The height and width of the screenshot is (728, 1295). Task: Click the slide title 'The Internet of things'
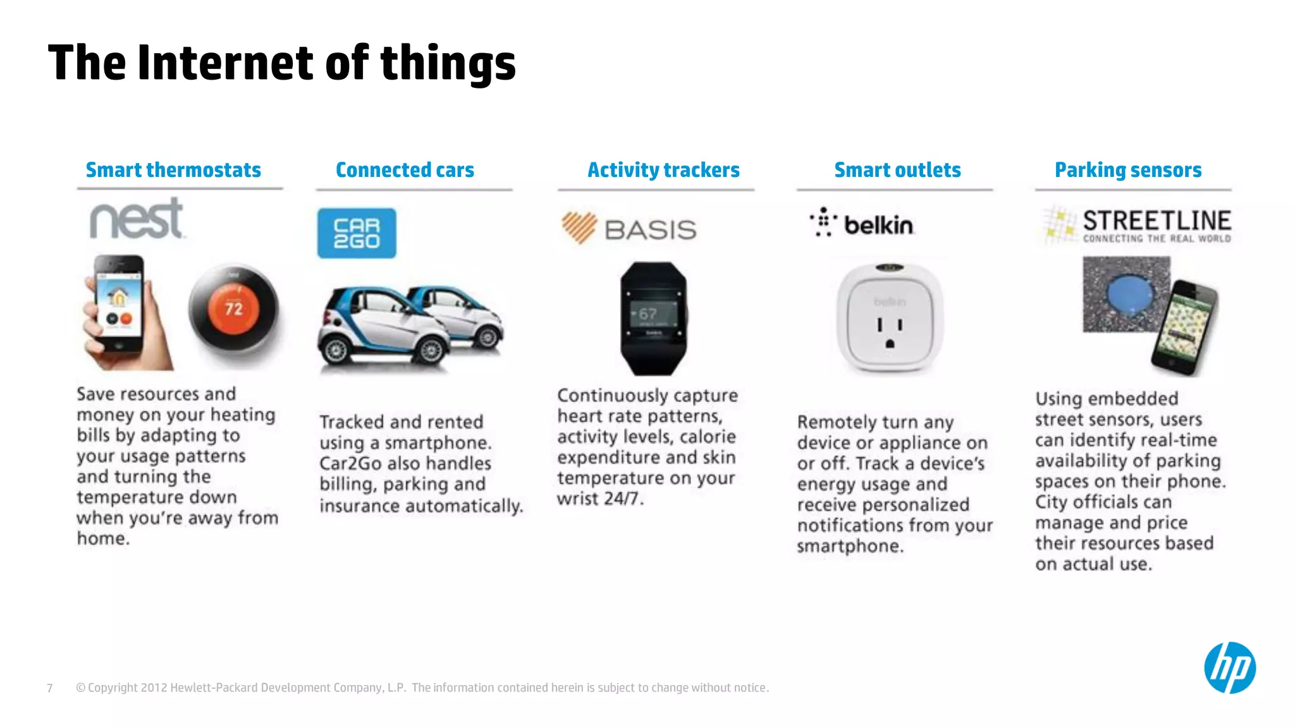pos(281,63)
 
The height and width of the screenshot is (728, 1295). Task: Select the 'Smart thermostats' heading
pos(173,170)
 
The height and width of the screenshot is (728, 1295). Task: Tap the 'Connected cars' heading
pos(405,170)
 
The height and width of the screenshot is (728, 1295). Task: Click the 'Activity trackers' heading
pos(663,170)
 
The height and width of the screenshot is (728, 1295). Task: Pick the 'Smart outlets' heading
pos(897,170)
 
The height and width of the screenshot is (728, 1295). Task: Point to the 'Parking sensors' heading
pos(1128,170)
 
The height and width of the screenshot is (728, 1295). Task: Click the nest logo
pos(137,220)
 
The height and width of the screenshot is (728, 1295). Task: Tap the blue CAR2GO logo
pos(357,233)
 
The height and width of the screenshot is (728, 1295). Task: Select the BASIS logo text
pos(650,229)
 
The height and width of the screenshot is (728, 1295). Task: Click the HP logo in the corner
pos(1229,668)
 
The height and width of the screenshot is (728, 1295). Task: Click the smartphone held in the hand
pos(119,303)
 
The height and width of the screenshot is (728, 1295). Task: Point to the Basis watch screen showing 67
pos(653,314)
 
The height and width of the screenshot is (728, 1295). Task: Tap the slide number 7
pos(50,688)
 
